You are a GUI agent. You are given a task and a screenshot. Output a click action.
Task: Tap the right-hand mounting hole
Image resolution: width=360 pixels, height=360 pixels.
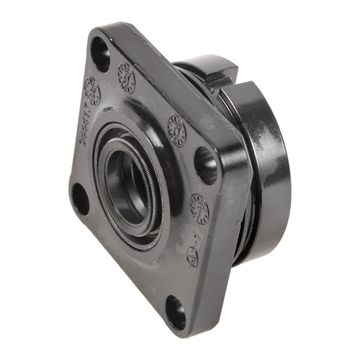click(x=206, y=165)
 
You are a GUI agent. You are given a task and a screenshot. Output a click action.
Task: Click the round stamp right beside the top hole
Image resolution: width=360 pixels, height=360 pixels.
click(x=127, y=77)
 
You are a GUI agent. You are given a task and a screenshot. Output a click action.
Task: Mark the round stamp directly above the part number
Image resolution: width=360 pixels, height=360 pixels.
click(x=91, y=91)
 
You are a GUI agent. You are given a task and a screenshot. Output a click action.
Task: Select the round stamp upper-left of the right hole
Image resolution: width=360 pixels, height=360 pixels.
click(x=176, y=130)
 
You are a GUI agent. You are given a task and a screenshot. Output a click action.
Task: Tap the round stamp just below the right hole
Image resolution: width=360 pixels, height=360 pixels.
click(x=199, y=208)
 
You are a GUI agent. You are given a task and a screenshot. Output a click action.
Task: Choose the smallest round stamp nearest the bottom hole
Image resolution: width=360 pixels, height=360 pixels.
click(x=192, y=256)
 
